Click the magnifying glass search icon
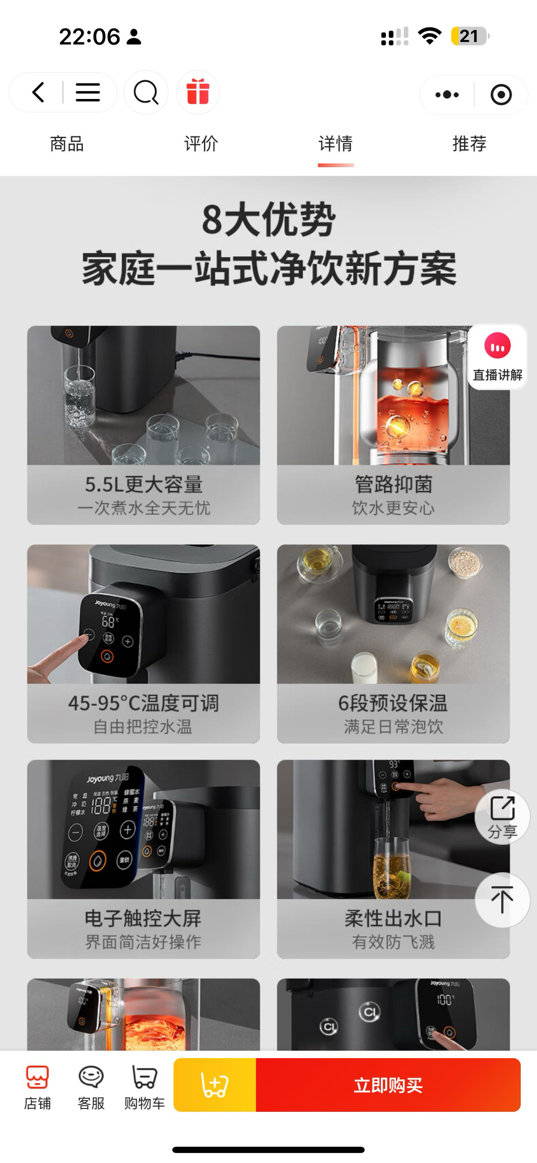[x=146, y=93]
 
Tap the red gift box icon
[x=198, y=92]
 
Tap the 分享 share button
[x=502, y=817]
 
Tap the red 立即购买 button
[x=388, y=1085]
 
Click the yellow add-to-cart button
[x=214, y=1085]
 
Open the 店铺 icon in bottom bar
[x=37, y=1087]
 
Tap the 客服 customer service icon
[x=91, y=1087]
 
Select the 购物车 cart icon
[x=144, y=1087]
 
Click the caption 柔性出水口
[x=393, y=919]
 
